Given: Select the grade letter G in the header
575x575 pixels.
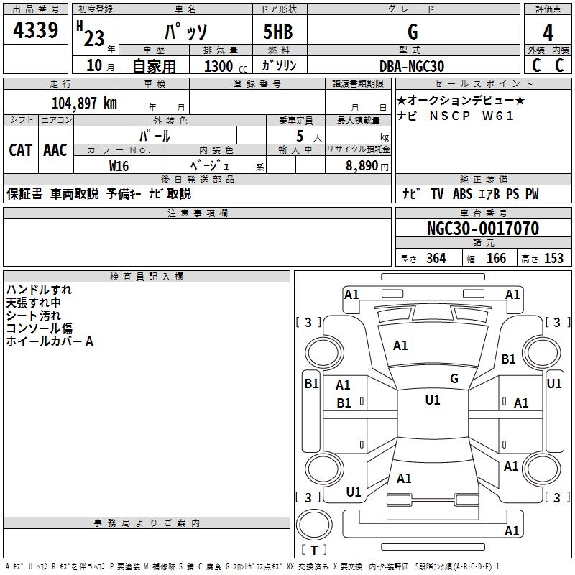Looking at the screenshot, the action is (413, 32).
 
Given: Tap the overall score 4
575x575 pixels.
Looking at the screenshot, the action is (548, 32).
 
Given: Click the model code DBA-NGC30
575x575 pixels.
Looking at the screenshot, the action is (412, 66).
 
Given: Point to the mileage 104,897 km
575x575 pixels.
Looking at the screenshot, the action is (84, 103).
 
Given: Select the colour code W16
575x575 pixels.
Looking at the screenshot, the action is (119, 165).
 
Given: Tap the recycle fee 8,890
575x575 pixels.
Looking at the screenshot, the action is (362, 165).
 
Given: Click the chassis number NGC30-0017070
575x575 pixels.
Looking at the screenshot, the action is (483, 229).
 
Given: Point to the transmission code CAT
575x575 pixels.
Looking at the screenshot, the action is (20, 150).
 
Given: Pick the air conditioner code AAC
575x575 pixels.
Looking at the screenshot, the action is (55, 150).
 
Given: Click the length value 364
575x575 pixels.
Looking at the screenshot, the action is (436, 259).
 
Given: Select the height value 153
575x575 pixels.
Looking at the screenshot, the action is (553, 259).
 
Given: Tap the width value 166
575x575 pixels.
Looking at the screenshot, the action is (496, 259).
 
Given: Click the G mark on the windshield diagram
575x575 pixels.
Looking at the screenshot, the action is (454, 378).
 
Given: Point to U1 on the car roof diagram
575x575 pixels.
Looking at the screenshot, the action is (433, 400).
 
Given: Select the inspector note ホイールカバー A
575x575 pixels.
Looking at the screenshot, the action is (50, 342).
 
